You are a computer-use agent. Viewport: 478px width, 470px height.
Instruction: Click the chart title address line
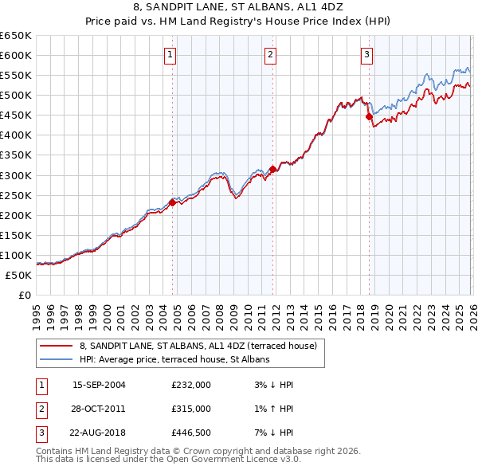point(239,7)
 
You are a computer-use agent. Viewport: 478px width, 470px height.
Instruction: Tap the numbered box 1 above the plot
point(171,55)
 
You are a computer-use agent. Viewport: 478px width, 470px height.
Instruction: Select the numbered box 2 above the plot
point(271,55)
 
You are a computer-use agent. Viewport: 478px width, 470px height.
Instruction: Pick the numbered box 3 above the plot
point(366,55)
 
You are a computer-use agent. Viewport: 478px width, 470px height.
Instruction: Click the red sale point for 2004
point(172,202)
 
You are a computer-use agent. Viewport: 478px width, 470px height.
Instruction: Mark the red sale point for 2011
point(272,169)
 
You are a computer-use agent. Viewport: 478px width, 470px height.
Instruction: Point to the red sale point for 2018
point(369,116)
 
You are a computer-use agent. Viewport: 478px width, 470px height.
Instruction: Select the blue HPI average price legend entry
point(174,359)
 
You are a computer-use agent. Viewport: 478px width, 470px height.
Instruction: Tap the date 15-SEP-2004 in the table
point(99,384)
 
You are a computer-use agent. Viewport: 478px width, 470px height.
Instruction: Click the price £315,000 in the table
point(190,409)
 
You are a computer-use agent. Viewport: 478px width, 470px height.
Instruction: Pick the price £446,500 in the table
point(190,433)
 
